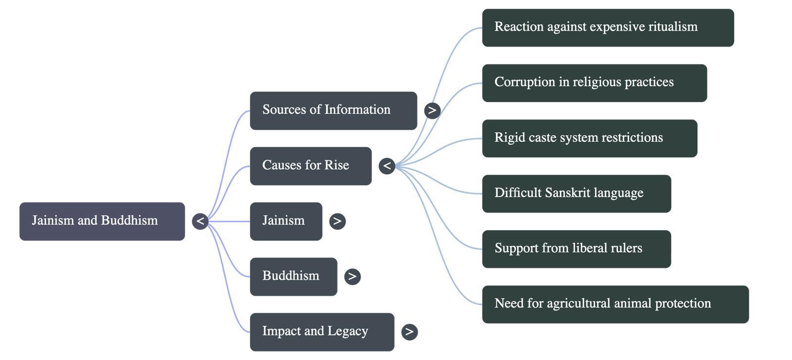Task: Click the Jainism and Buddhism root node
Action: coord(102,221)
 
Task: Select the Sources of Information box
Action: coord(333,110)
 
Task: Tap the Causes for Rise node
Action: coord(310,166)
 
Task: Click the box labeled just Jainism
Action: coord(286,221)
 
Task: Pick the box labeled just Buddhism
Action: coord(293,276)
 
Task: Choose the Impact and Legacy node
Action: coord(322,331)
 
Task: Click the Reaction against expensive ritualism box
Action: coord(607,27)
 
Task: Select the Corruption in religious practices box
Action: coord(594,83)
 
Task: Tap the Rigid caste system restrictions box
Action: coord(589,138)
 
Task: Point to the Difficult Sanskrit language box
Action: coord(576,193)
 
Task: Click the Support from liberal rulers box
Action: coord(576,249)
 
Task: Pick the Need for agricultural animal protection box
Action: coord(615,304)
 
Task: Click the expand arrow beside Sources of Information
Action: coord(432,110)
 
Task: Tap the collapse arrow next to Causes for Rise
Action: coord(387,166)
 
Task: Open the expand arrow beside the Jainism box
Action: coord(337,221)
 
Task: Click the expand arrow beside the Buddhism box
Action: coord(352,276)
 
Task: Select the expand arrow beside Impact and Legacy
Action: coord(409,331)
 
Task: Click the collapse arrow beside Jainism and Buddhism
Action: coord(200,221)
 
